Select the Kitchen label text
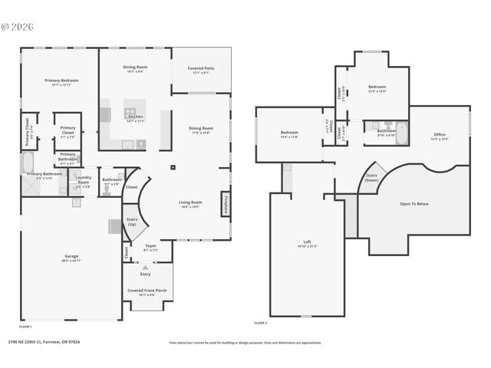[x=135, y=117]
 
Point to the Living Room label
[x=189, y=204]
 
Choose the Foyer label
[x=150, y=248]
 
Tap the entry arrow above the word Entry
[x=146, y=267]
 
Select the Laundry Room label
[x=83, y=182]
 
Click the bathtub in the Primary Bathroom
[x=26, y=162]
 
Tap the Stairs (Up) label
[x=132, y=222]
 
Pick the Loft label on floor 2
[x=307, y=244]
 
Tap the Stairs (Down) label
[x=372, y=177]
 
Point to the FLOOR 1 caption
[x=25, y=327]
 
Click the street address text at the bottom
[x=44, y=342]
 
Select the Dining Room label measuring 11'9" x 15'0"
[x=200, y=130]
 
